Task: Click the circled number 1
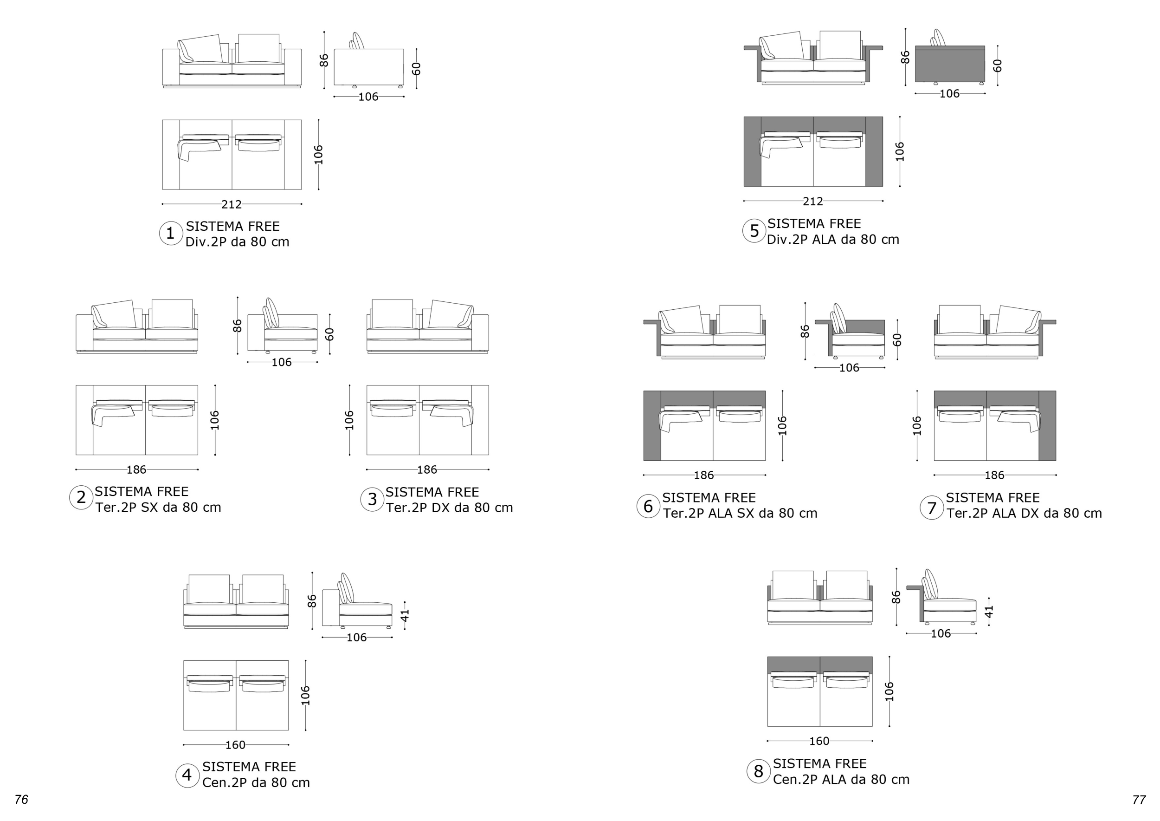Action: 171,234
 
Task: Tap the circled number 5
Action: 754,231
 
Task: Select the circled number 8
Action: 758,771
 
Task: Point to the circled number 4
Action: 187,775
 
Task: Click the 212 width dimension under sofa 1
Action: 232,205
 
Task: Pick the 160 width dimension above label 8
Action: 819,741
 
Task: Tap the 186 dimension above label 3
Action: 427,470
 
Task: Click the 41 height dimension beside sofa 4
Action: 405,615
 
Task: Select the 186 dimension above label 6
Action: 704,475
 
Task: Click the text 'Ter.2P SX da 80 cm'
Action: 158,508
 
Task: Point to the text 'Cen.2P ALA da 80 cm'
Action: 841,780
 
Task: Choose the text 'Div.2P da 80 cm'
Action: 238,241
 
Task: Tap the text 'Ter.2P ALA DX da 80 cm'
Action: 1024,513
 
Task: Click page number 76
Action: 21,799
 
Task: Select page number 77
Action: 1139,800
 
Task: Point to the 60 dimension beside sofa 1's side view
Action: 416,69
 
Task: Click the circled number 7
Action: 932,508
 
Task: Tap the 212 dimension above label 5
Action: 813,202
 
